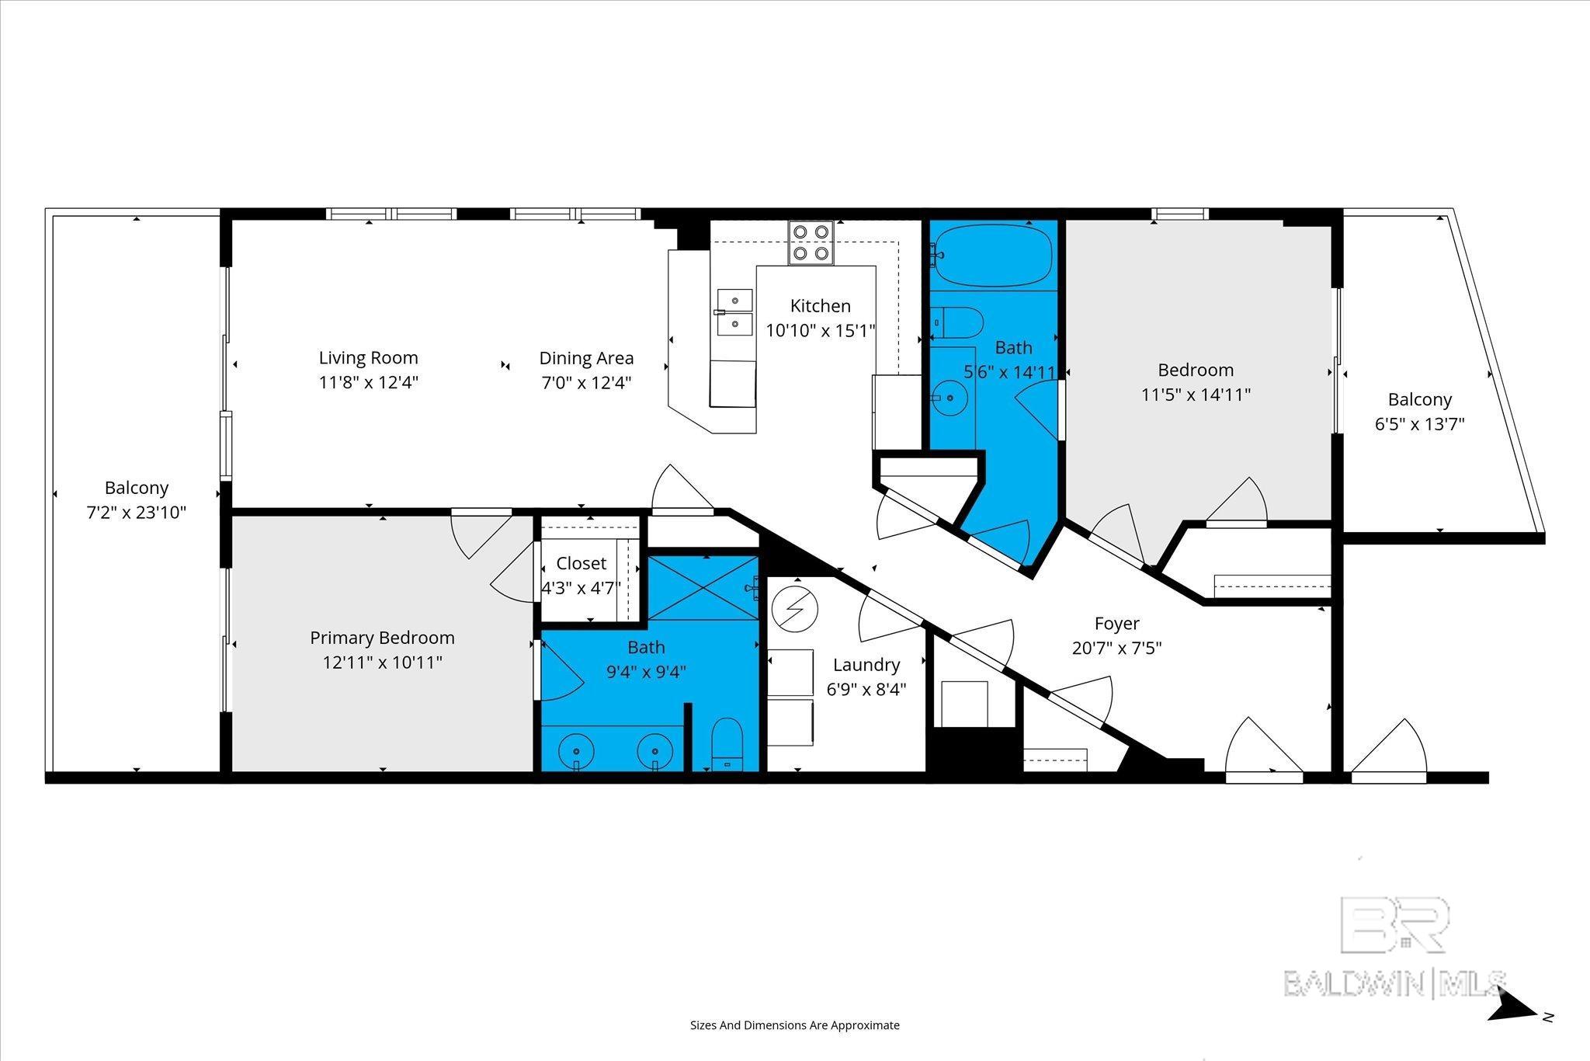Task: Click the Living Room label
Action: coord(369,358)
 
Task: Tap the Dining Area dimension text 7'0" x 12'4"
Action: coord(586,383)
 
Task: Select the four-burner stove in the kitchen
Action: coord(811,242)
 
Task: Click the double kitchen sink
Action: coord(734,312)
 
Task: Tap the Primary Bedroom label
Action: coord(382,638)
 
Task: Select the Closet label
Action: coord(581,563)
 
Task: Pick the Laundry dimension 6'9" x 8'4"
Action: coord(866,690)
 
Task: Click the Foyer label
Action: coord(1116,623)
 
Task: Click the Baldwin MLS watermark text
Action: coord(1395,983)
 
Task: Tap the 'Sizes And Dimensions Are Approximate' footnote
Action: coord(795,1025)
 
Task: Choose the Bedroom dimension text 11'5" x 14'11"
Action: coord(1196,395)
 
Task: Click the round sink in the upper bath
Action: coord(947,398)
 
